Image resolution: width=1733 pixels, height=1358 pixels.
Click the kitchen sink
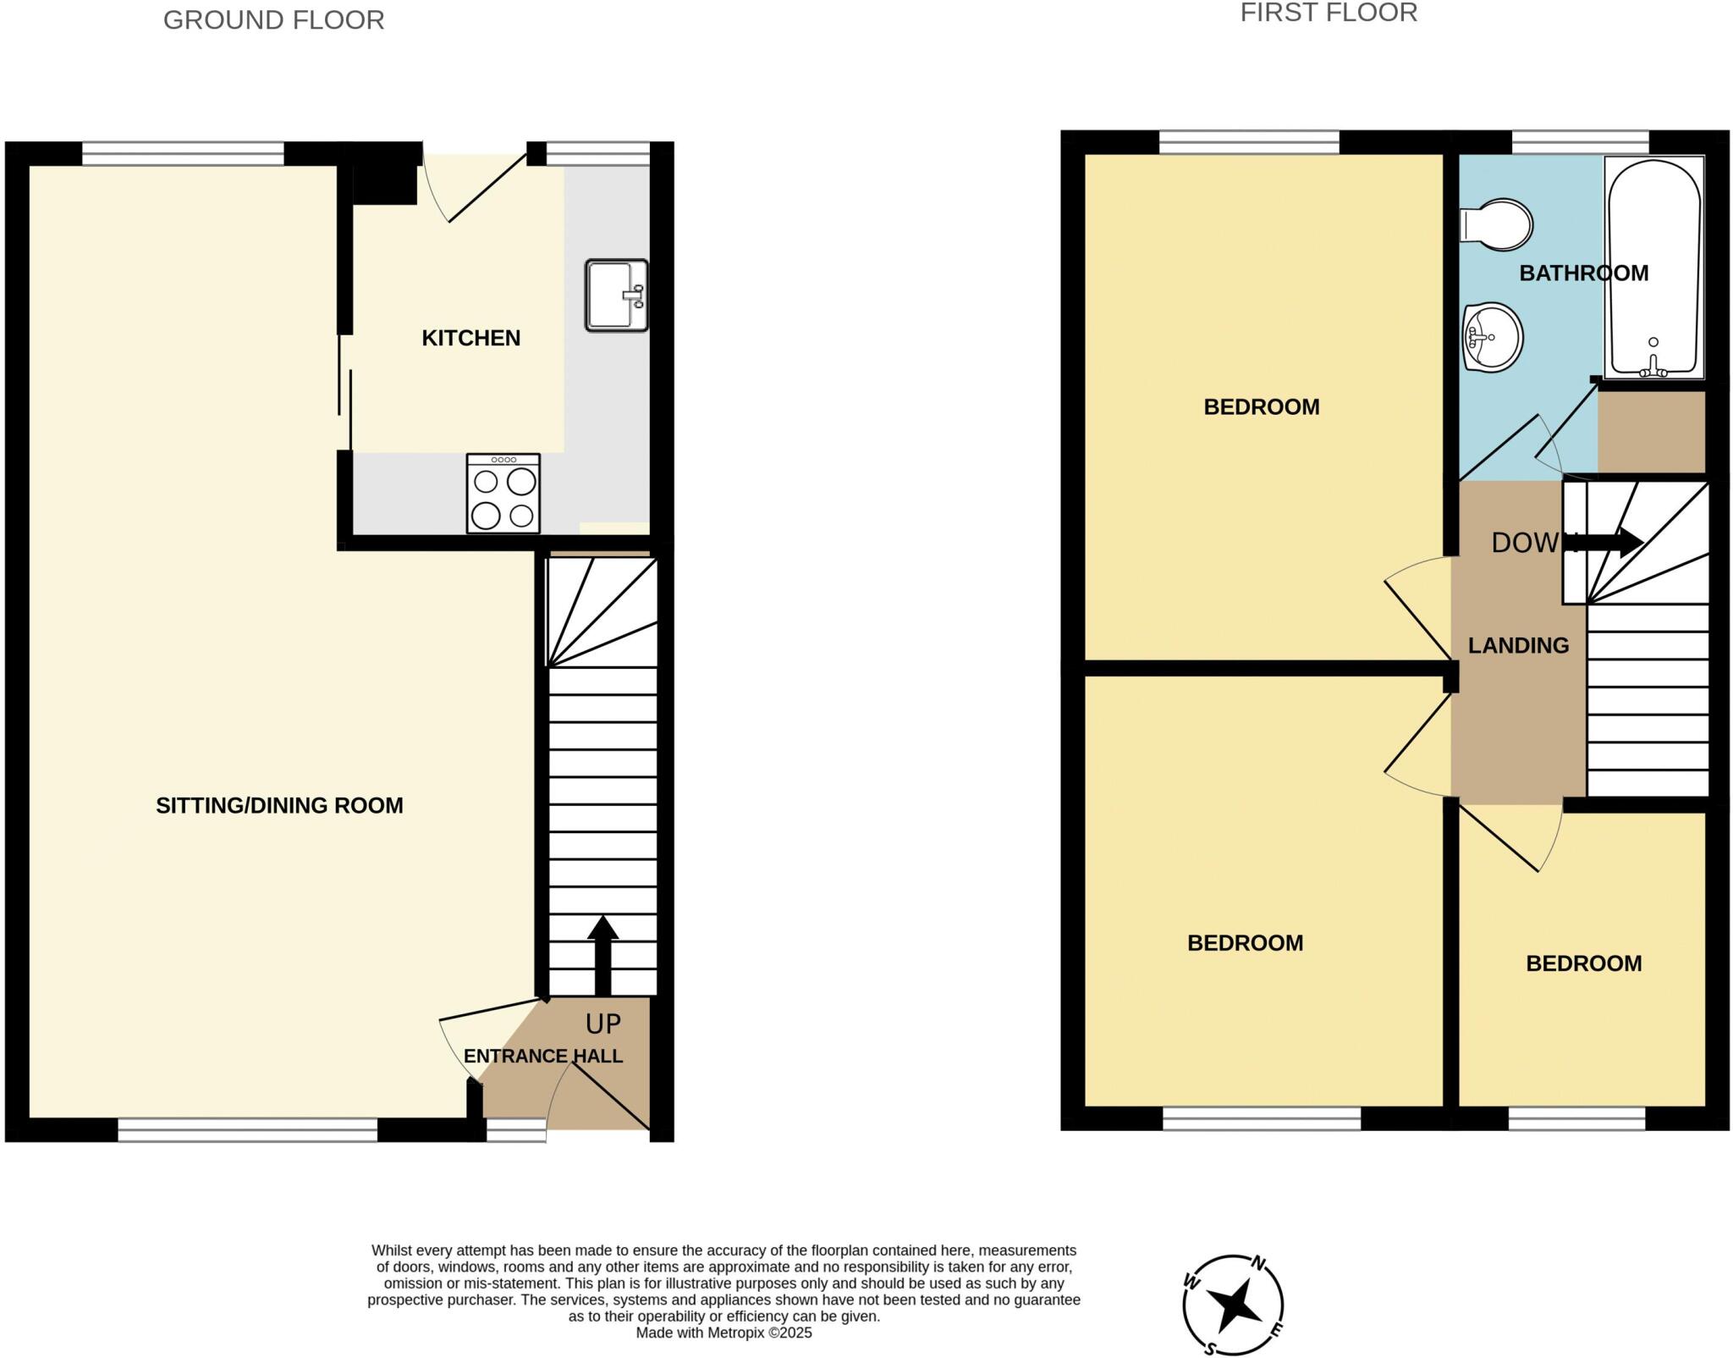coord(615,295)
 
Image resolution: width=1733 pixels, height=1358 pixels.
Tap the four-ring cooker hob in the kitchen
coord(503,494)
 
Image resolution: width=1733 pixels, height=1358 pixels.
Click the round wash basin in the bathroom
coord(1493,337)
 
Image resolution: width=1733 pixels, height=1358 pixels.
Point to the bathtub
coord(1654,267)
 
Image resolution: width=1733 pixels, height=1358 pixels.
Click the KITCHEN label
coord(470,338)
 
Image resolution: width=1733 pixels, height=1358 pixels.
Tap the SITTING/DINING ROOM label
coord(279,805)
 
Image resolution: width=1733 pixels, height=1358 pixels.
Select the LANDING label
coord(1518,645)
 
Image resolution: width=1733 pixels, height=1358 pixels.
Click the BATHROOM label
coord(1583,273)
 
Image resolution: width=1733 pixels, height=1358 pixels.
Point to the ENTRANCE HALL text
coord(543,1056)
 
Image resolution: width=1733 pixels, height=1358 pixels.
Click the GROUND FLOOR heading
coord(273,19)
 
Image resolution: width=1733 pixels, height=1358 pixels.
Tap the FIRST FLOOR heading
coord(1329,13)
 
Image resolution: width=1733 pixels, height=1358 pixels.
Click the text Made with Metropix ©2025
coord(723,1333)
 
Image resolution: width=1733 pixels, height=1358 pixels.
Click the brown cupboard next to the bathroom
coord(1651,431)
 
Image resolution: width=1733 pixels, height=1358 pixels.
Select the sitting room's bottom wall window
coord(247,1129)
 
